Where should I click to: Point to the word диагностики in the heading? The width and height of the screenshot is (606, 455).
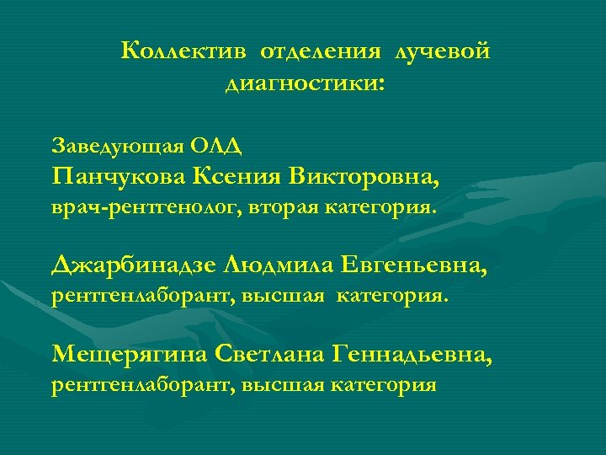pyautogui.click(x=301, y=84)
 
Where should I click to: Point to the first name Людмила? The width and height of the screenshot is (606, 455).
pyautogui.click(x=279, y=267)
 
